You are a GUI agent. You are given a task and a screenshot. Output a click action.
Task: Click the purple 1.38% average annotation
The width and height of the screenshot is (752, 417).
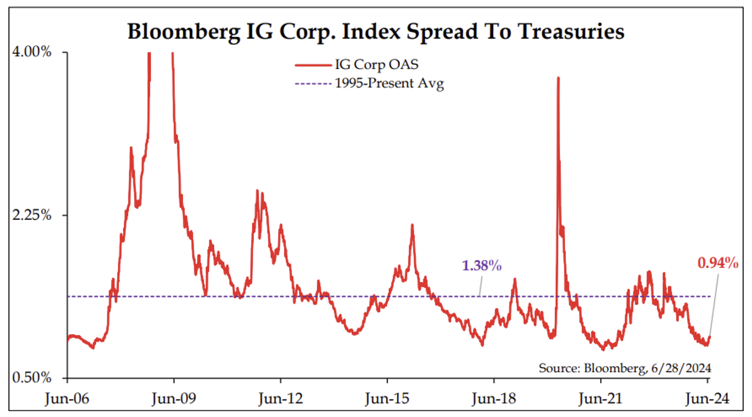482,266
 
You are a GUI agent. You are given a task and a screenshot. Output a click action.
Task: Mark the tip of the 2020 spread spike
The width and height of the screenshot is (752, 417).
558,78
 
